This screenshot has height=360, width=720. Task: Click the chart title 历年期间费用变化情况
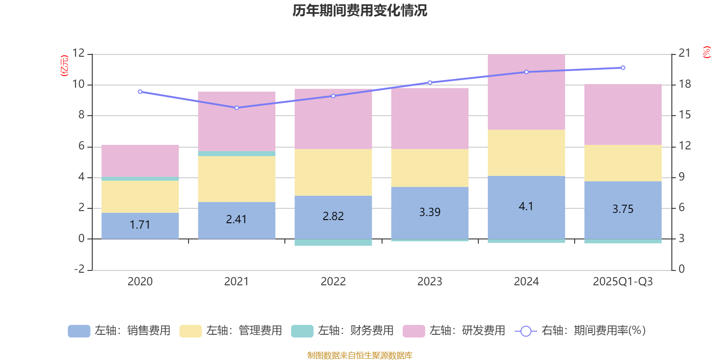tap(360, 10)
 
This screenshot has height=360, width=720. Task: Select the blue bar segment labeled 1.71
tap(140, 225)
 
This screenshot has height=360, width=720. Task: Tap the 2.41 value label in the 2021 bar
tap(236, 220)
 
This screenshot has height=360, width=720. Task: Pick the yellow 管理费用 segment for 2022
tap(333, 172)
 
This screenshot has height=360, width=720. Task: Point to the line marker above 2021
tap(237, 108)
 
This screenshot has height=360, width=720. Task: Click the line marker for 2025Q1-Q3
tap(623, 68)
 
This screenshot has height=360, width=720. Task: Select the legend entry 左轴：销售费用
tap(120, 331)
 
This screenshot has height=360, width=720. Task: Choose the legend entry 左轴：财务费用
tap(342, 331)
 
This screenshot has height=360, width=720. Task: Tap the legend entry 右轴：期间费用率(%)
tap(580, 331)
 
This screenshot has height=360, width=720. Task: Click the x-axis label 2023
tap(430, 282)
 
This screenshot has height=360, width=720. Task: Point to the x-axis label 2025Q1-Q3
tap(623, 282)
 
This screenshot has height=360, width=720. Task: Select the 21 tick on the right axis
tap(684, 53)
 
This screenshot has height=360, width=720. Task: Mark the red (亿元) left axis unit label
tap(64, 66)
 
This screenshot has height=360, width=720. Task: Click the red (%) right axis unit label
tap(706, 52)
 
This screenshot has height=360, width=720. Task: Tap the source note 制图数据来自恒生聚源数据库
tap(360, 355)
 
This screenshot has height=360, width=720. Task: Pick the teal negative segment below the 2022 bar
tap(333, 243)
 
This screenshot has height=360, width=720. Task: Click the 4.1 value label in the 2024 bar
tap(526, 207)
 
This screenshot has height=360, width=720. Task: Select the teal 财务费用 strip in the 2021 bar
tap(237, 153)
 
